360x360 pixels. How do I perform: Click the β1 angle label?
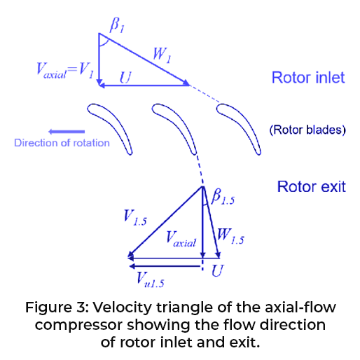[x=117, y=25]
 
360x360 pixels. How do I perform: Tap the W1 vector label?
[x=162, y=55]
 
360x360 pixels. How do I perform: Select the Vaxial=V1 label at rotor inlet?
[x=65, y=71]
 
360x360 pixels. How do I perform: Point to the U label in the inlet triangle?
[x=125, y=77]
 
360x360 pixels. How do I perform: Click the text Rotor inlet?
[x=308, y=78]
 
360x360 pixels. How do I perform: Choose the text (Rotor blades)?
[x=307, y=130]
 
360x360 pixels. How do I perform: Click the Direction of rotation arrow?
[x=67, y=132]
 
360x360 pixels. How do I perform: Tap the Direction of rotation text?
[x=62, y=143]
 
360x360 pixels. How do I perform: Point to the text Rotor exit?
[x=311, y=187]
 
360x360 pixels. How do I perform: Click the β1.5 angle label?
[x=223, y=197]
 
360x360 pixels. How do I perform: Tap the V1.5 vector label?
[x=135, y=218]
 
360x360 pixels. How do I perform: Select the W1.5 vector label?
[x=230, y=236]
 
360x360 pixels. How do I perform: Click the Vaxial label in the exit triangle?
[x=181, y=239]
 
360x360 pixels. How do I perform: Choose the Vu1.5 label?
[x=151, y=279]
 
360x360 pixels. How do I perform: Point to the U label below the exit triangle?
[x=218, y=270]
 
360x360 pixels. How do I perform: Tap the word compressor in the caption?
[x=79, y=326]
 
